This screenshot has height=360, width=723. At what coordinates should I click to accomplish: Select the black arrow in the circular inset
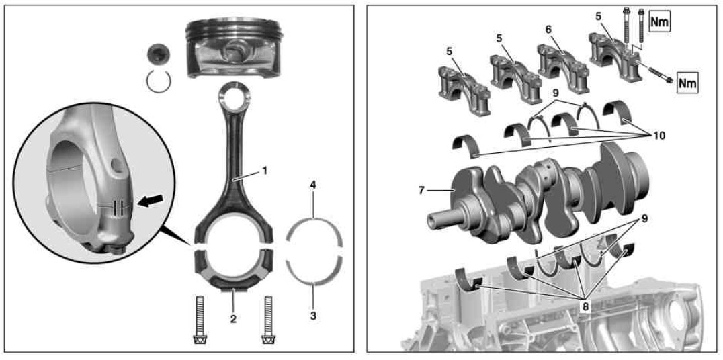click(x=151, y=201)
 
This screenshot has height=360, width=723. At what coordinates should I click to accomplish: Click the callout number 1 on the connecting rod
click(x=265, y=171)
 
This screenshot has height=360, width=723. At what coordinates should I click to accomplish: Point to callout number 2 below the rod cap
click(x=233, y=318)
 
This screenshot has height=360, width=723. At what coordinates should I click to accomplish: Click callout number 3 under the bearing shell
click(x=314, y=316)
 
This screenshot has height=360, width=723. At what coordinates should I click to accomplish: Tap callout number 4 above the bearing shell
click(x=314, y=187)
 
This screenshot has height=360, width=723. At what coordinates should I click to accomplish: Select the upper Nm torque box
click(x=659, y=21)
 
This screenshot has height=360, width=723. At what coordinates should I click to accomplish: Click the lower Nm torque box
click(x=687, y=83)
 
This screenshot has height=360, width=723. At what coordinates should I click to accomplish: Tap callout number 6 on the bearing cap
click(x=548, y=29)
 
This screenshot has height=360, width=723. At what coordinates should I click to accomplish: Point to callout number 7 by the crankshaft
click(x=421, y=190)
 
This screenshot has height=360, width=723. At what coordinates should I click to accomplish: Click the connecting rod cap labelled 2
click(x=233, y=272)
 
